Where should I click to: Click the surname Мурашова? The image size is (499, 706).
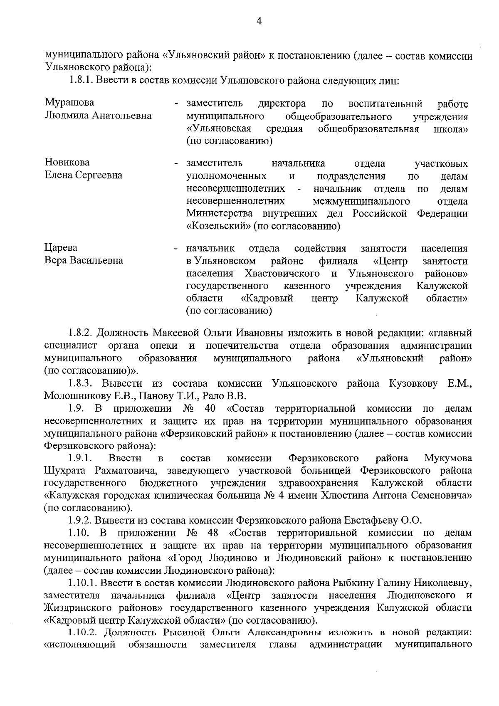[69, 103]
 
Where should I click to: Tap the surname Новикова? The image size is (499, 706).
[67, 163]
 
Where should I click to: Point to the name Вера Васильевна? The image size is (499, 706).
[84, 261]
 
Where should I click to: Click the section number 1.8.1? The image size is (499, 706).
[81, 80]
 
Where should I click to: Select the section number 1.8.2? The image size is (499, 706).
[82, 333]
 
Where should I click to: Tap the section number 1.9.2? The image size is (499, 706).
[81, 520]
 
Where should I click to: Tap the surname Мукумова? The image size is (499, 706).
[448, 458]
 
